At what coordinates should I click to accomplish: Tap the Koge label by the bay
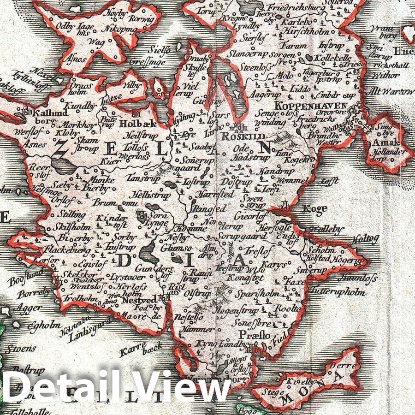[x=315, y=208]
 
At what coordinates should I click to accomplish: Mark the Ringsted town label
[x=210, y=209]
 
